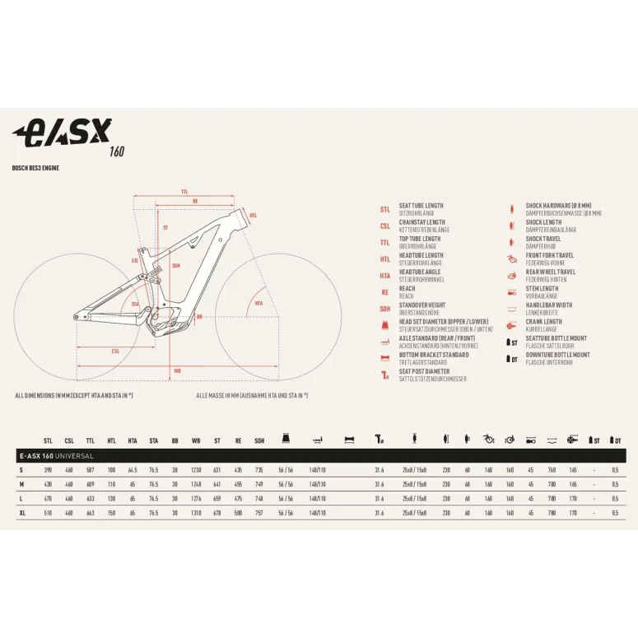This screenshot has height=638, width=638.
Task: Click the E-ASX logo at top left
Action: (x=63, y=133)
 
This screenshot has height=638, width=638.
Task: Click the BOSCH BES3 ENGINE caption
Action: (x=35, y=168)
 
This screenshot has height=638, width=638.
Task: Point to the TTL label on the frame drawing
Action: (x=184, y=191)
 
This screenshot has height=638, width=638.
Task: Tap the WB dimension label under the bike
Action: (x=178, y=371)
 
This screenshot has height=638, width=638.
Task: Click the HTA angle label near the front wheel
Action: (x=258, y=303)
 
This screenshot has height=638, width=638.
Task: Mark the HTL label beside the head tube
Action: (x=253, y=215)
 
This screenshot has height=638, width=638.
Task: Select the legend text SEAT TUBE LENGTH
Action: (x=421, y=206)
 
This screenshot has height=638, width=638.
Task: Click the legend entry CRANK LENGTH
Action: (x=544, y=322)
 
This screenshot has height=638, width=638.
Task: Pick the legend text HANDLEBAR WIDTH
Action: (x=549, y=305)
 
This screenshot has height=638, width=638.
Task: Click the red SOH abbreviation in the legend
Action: (x=384, y=309)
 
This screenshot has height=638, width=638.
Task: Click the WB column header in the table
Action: (x=196, y=440)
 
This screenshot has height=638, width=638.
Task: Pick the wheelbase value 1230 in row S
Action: (x=196, y=469)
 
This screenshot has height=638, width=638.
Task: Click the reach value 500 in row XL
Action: (x=238, y=512)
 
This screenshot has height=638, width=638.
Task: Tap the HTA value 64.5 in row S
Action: (x=133, y=469)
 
